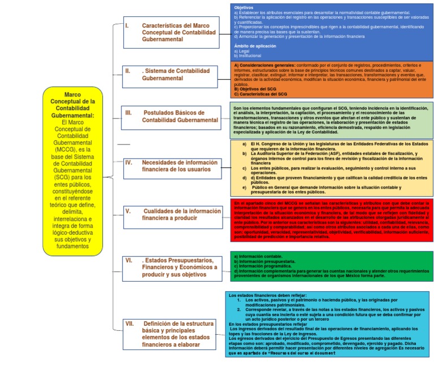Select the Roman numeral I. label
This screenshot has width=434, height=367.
[x=127, y=25]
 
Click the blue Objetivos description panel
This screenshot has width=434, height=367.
[x=332, y=32]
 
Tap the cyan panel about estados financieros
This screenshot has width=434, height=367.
[x=327, y=325]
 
